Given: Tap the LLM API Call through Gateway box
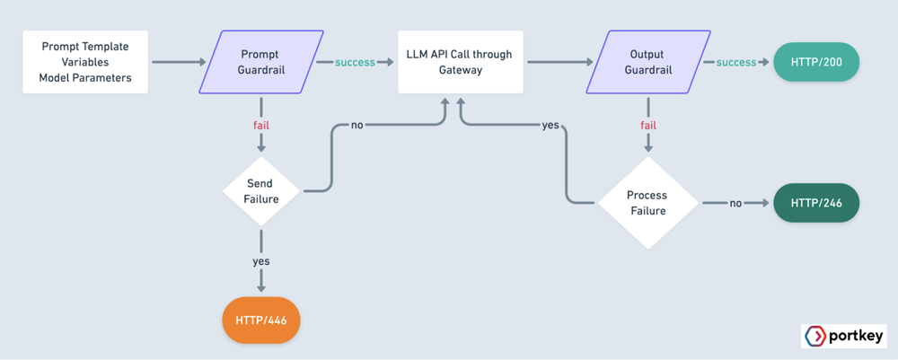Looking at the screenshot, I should (459, 62).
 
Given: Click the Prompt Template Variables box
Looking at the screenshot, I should (84, 62).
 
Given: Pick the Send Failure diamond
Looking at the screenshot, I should (260, 191).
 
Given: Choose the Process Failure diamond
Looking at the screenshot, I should (647, 204).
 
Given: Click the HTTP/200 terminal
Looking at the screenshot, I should (815, 63).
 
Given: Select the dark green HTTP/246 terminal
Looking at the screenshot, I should (815, 204).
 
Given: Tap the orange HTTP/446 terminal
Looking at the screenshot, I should (260, 320).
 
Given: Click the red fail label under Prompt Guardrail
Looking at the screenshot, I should (260, 126).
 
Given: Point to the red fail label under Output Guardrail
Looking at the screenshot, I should (647, 126).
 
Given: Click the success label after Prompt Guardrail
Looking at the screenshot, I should (355, 63).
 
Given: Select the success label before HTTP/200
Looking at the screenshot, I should (735, 63).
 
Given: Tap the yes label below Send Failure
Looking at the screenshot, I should (260, 261).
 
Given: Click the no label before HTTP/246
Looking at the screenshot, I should (735, 204).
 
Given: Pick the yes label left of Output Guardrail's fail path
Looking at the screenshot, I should (550, 125).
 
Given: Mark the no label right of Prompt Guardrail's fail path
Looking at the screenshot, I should (357, 126).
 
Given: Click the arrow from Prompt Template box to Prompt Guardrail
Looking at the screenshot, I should (176, 63).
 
